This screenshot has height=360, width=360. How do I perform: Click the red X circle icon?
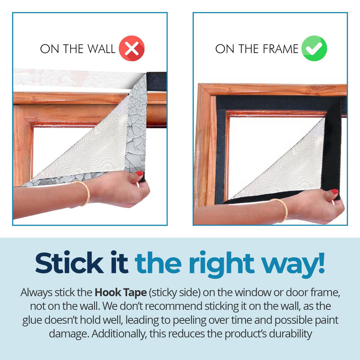pos(131,48)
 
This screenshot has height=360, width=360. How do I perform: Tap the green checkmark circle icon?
pos(314,48)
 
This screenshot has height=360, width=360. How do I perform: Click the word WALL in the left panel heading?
pos(101,49)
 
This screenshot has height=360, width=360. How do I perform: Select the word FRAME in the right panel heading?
pos(280,49)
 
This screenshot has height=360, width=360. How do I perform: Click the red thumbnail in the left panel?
pos(139,173)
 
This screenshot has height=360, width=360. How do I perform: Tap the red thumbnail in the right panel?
pos(334,192)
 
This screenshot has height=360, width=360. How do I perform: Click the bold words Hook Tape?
pos(121,292)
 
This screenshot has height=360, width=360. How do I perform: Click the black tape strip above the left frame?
pos(156,82)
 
